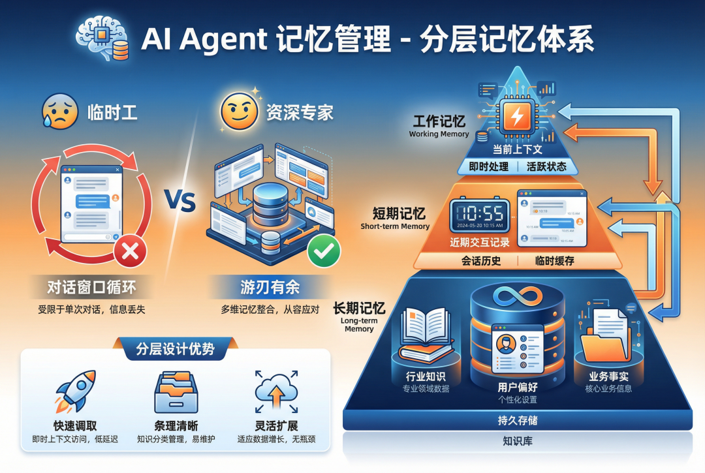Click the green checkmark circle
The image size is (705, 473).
click(319, 251)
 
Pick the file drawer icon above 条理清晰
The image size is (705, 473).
click(176, 391)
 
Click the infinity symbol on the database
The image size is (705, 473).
click(518, 297)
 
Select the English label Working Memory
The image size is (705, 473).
click(439, 134)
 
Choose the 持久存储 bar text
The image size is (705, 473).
click(518, 421)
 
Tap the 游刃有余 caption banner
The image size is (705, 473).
click(270, 286)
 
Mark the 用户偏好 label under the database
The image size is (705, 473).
click(518, 387)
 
